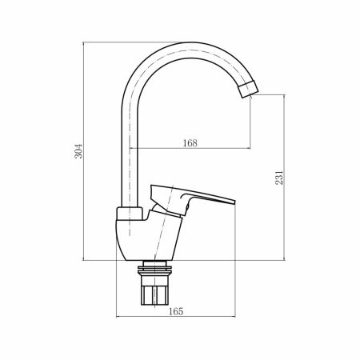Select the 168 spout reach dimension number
(190, 143)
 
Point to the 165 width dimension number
(177, 311)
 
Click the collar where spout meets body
(129, 214)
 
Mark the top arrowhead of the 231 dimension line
(286, 96)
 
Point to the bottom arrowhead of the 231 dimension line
(286, 258)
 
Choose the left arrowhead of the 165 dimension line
(119, 318)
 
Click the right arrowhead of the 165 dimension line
(235, 318)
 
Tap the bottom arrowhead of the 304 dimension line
(84, 258)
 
